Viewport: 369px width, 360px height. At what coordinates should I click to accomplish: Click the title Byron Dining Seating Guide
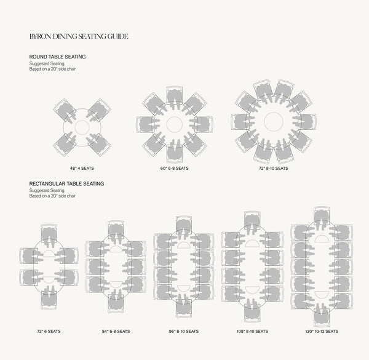79,36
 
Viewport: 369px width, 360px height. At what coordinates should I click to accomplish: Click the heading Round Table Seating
57,57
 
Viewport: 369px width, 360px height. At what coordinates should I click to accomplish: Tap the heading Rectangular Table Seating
66,183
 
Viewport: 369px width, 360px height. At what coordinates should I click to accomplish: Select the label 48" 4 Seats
82,169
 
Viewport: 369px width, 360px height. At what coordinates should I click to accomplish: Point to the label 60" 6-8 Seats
175,169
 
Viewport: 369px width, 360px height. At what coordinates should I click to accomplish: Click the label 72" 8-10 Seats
274,169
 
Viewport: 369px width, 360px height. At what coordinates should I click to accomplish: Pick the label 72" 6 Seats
49,331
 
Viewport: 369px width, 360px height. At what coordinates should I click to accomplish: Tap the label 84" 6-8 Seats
116,331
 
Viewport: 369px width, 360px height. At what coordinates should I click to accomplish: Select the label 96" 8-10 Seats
183,331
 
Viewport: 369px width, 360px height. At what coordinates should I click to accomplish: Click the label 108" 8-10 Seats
252,331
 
